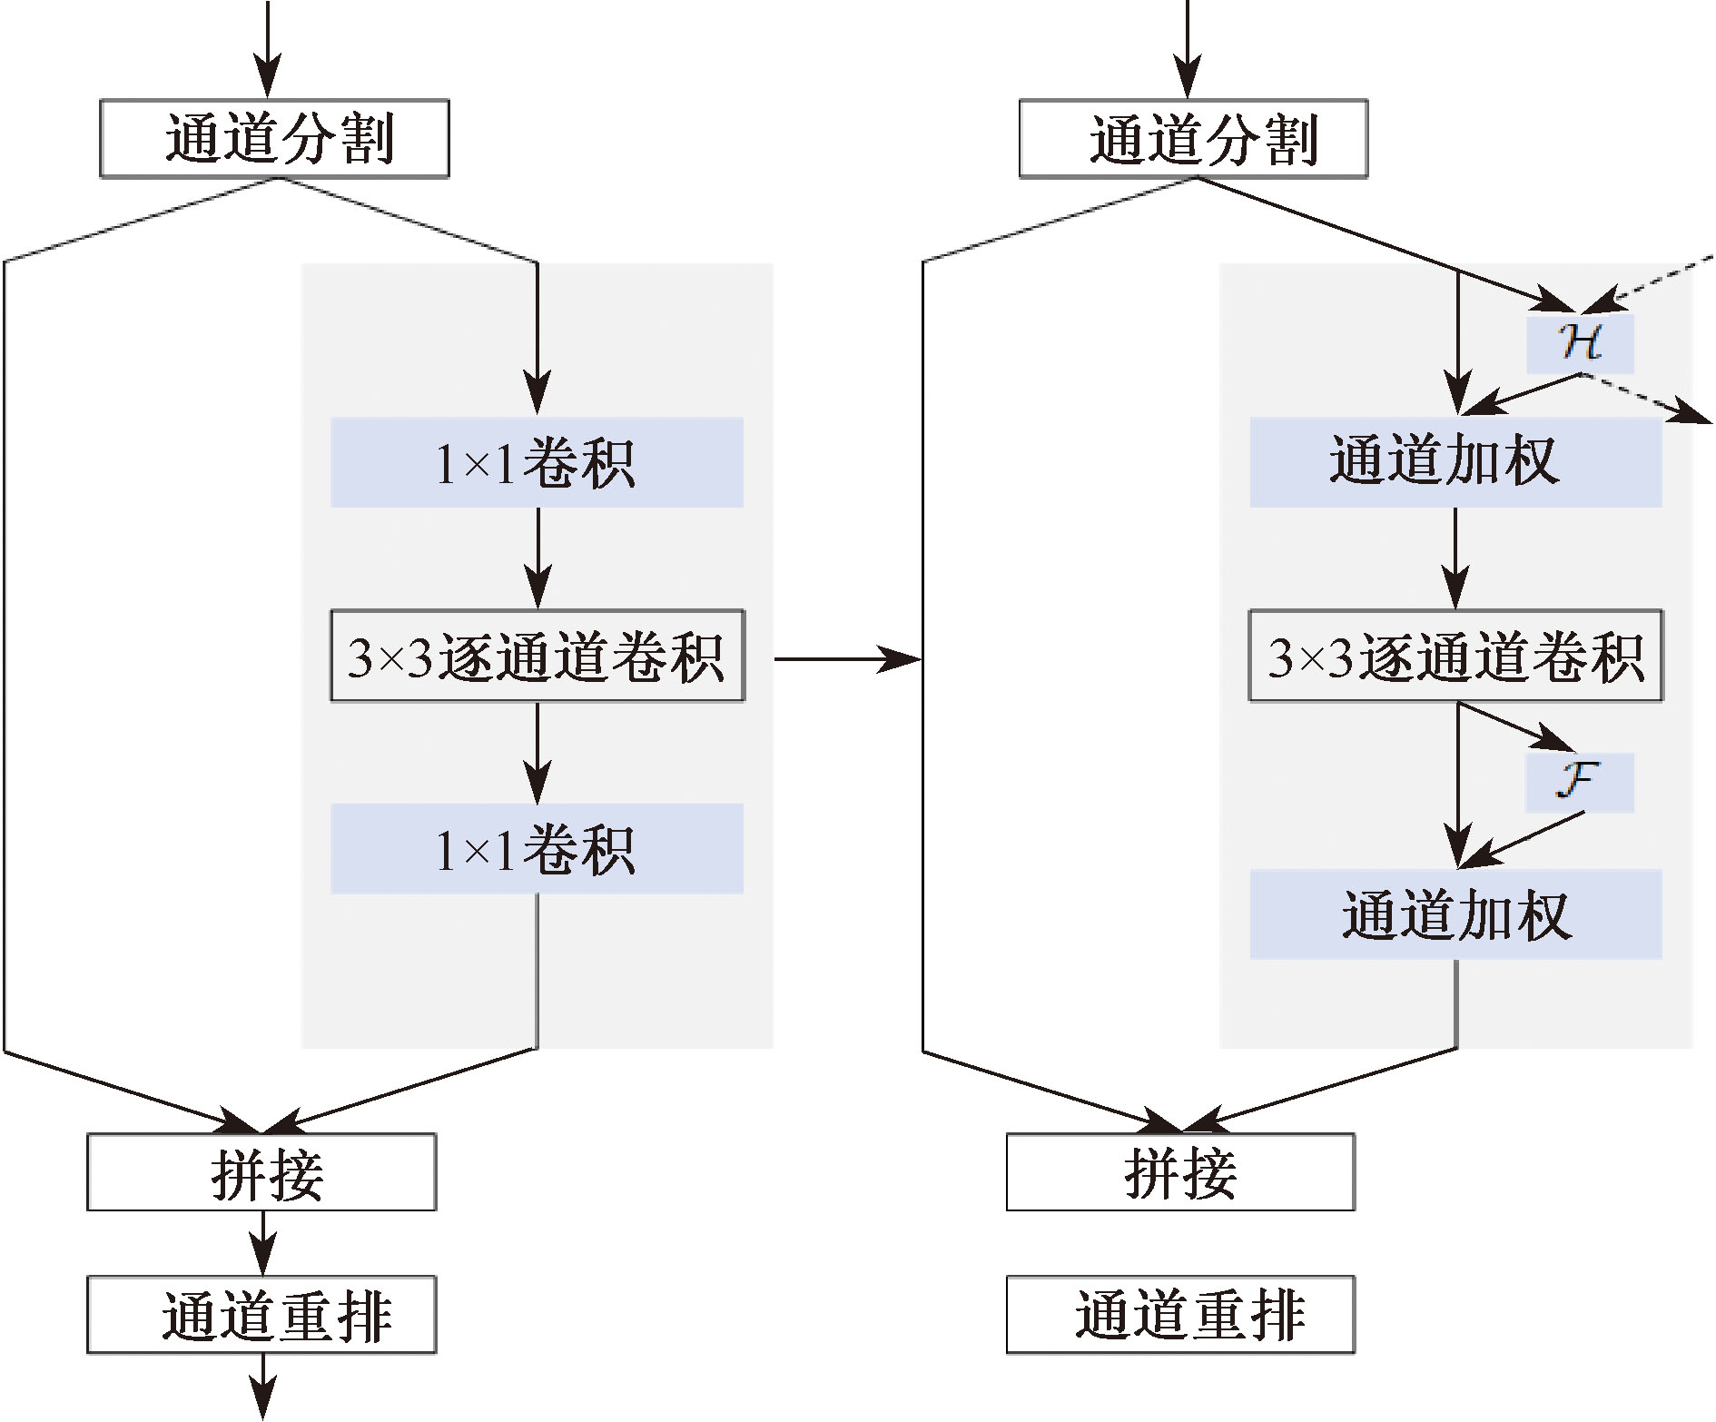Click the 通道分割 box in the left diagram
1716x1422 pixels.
(274, 138)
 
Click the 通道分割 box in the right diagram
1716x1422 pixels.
(1193, 138)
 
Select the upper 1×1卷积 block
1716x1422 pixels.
(537, 462)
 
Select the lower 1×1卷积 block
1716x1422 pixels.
(537, 848)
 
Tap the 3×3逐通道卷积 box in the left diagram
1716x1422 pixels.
(537, 656)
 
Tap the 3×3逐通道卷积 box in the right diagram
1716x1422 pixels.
(1455, 656)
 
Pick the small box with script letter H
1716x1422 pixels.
(1580, 343)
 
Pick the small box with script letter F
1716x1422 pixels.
(1580, 782)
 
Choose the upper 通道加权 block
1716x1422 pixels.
(1455, 462)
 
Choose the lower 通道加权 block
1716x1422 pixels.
(1455, 914)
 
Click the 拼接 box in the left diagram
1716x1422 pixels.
(261, 1171)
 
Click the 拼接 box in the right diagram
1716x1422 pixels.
(1180, 1171)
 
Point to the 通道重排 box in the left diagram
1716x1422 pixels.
(261, 1315)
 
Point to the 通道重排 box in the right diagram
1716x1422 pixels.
(1180, 1315)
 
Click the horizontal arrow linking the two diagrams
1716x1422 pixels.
(847, 659)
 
